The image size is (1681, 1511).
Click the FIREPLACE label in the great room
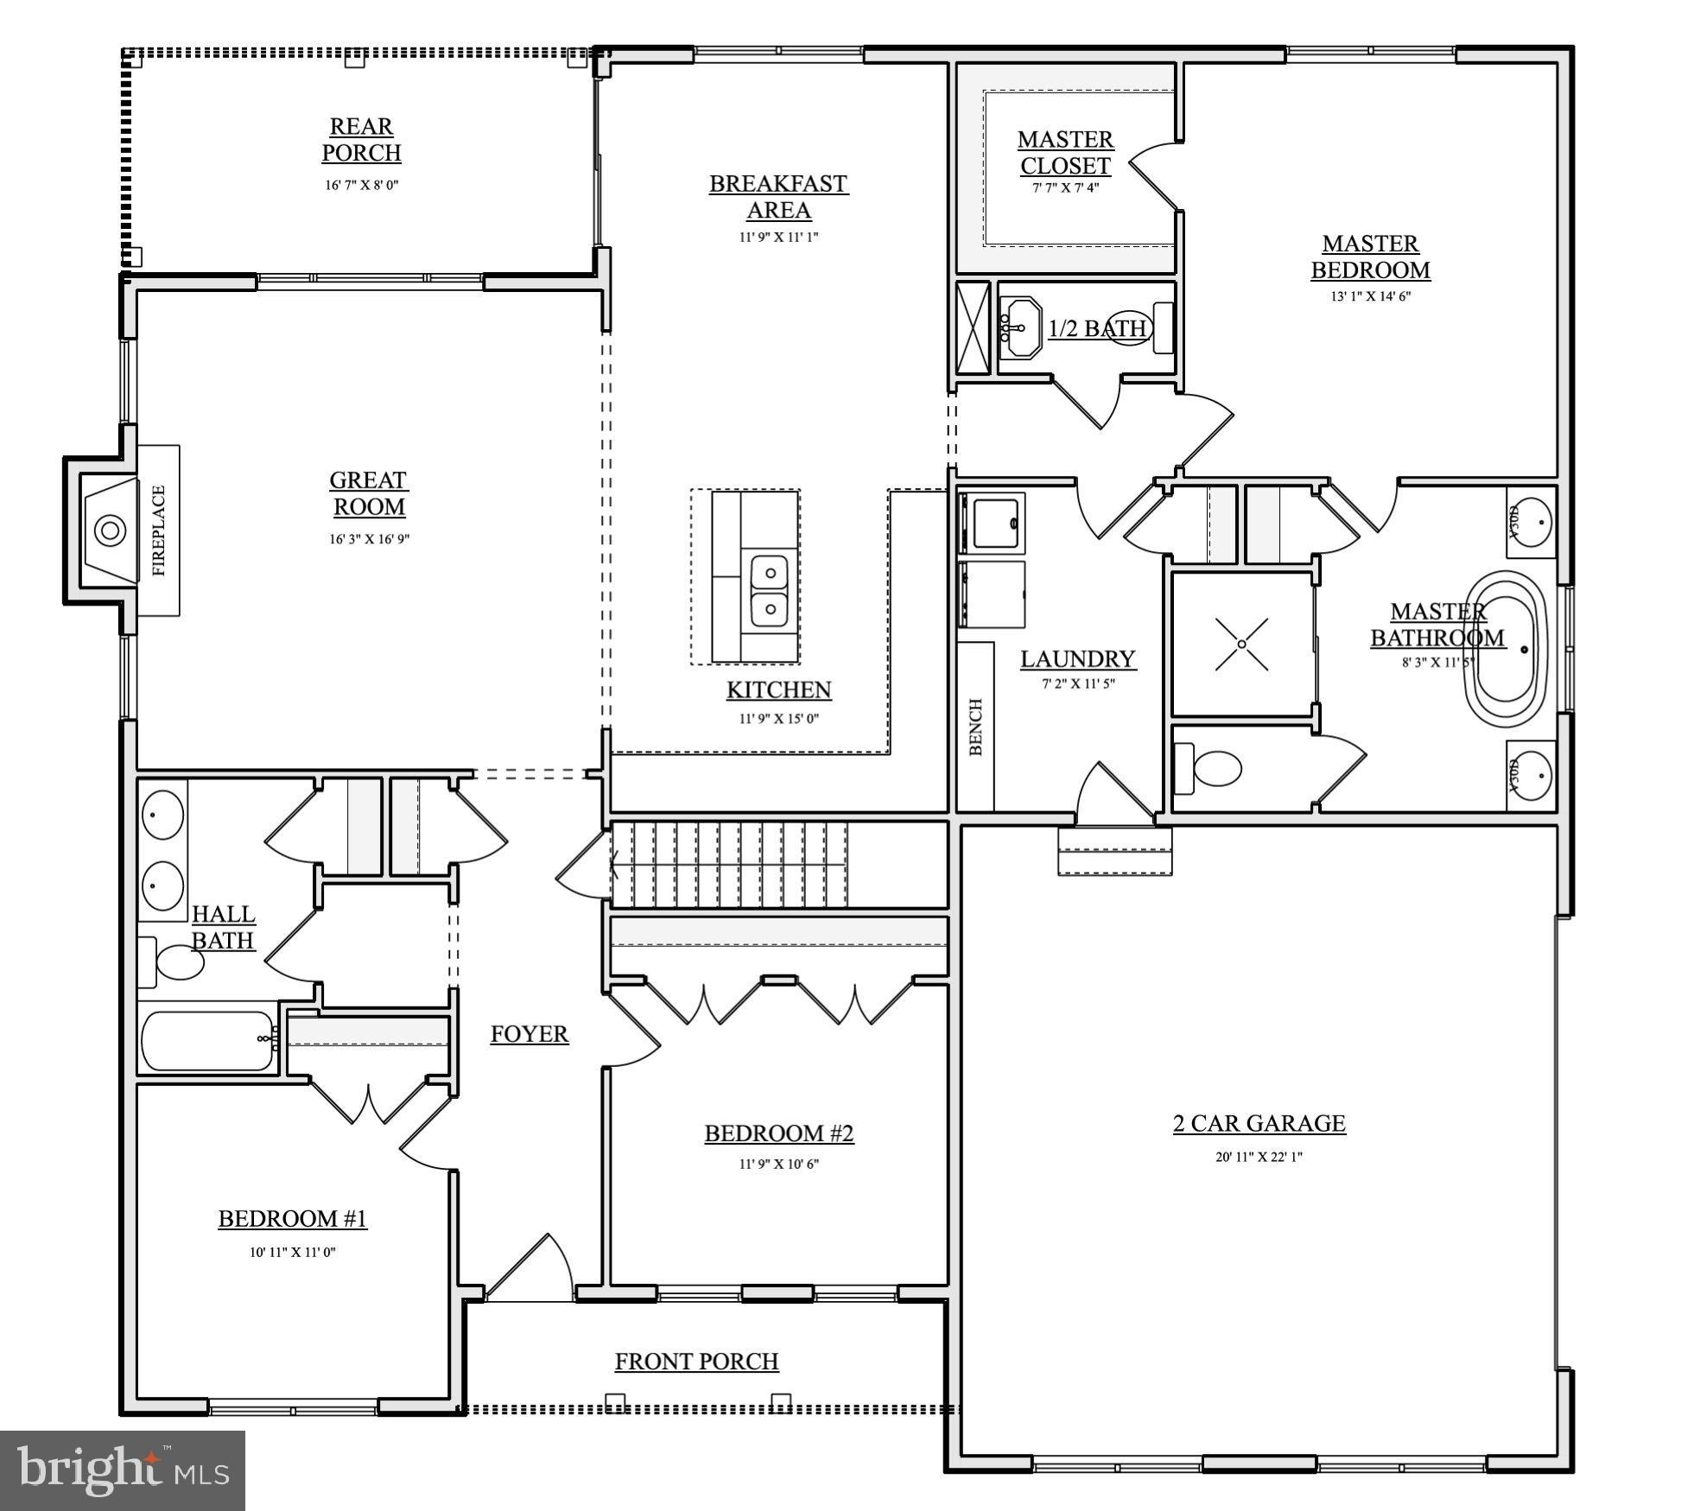[x=159, y=530]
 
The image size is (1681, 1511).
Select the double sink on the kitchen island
[x=768, y=590]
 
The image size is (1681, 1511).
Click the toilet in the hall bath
[x=175, y=962]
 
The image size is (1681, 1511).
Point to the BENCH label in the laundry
[x=976, y=727]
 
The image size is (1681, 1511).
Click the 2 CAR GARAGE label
[x=1259, y=1123]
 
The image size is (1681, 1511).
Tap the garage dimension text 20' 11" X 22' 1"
[x=1259, y=1157]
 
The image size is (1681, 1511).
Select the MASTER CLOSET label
[x=1065, y=152]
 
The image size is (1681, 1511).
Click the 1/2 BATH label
[x=1097, y=328]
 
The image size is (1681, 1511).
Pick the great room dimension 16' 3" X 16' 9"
[x=369, y=539]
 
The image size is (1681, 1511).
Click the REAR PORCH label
[x=361, y=139]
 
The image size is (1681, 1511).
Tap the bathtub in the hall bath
[x=207, y=1041]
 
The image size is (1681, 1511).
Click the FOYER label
[x=530, y=1034]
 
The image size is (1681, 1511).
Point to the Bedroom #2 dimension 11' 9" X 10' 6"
[x=778, y=1164]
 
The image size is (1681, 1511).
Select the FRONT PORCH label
[x=696, y=1362]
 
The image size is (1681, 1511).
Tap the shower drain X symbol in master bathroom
[x=1241, y=644]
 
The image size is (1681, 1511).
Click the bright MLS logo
[x=123, y=1470]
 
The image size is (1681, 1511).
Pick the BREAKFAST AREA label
[x=778, y=196]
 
